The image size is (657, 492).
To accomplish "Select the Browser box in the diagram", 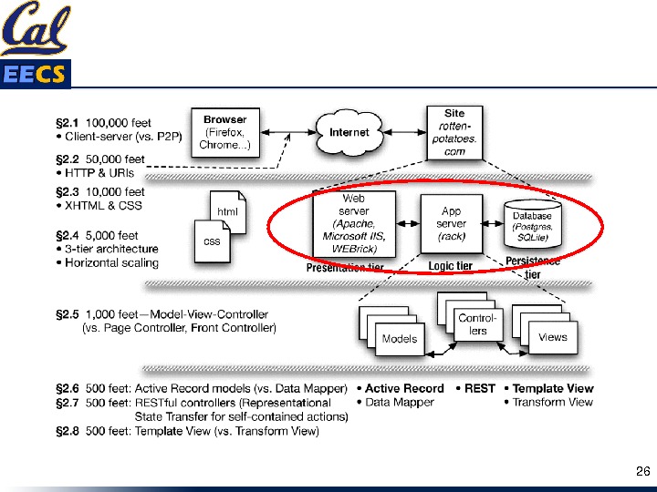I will click(224, 132).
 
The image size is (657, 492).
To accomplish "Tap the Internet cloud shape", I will click(349, 132).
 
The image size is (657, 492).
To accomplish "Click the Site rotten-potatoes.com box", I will click(454, 132).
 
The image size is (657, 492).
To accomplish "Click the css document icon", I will click(212, 241).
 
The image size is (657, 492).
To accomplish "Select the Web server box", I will click(354, 223).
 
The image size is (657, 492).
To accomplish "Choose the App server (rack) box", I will click(451, 223).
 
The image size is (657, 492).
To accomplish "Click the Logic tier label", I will click(451, 266).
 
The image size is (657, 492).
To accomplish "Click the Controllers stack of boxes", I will click(476, 321).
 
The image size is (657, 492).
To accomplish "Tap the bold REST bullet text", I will click(479, 388).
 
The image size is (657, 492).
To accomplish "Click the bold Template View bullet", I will click(552, 388).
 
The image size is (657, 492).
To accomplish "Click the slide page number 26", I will click(642, 471).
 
